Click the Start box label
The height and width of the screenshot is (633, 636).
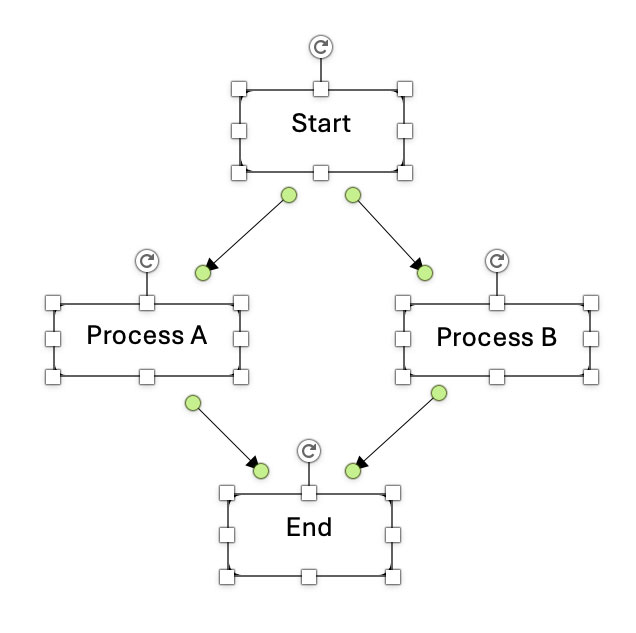tap(321, 123)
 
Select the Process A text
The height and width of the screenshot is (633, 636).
tap(146, 335)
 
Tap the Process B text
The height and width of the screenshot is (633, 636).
tap(496, 337)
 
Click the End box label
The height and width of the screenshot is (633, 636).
tap(309, 526)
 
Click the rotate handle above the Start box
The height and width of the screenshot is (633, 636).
tap(321, 46)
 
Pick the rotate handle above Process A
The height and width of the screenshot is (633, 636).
tap(146, 260)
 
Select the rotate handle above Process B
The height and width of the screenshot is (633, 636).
tap(496, 260)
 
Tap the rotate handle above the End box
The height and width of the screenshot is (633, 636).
tap(309, 450)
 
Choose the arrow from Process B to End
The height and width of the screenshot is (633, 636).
tap(395, 431)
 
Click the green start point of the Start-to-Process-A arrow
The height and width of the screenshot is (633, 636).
tap(288, 195)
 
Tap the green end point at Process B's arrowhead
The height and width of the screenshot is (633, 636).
tap(424, 272)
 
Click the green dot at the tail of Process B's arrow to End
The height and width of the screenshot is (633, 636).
tap(438, 393)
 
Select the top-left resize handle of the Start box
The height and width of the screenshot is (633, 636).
tap(238, 88)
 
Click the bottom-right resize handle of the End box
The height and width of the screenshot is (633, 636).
tap(393, 577)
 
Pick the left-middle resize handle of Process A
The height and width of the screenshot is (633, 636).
tap(53, 339)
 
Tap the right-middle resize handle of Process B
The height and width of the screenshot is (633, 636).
tap(591, 339)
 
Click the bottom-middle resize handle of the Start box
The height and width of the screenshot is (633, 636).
tap(321, 173)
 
